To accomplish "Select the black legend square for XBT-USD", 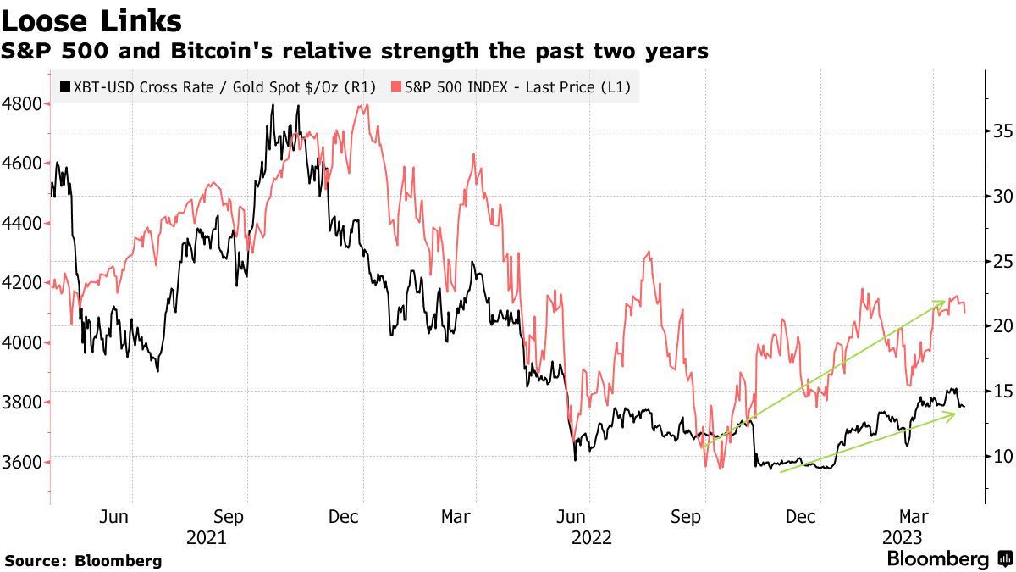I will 65,86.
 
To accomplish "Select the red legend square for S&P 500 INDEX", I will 395,86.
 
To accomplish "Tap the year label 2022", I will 592,536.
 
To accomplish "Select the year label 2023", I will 903,536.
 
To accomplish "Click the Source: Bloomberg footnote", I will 83,560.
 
